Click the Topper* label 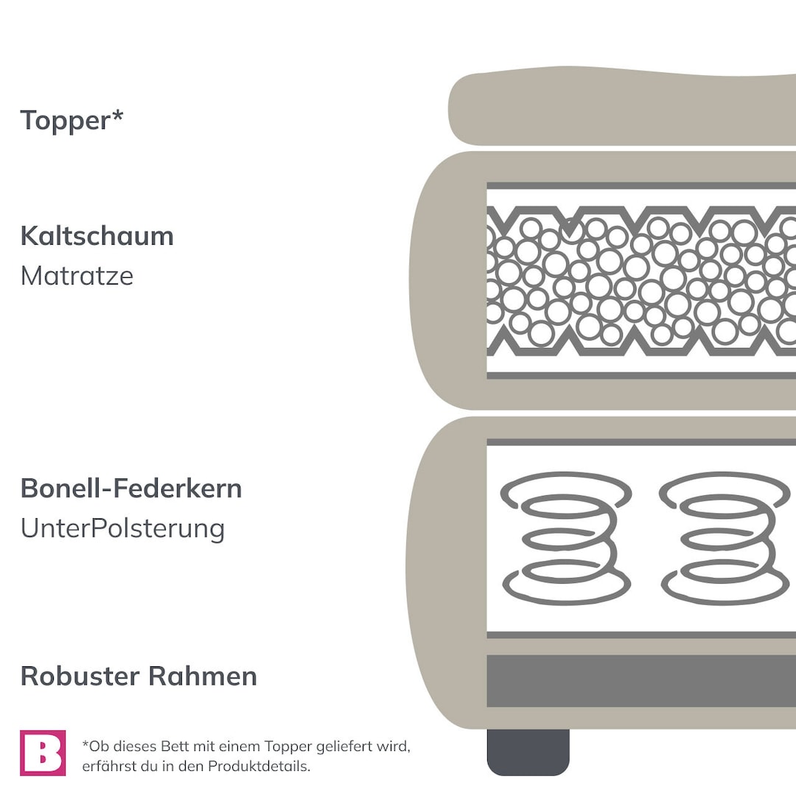click(x=71, y=120)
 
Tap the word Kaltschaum click(x=97, y=236)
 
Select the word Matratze click(x=77, y=276)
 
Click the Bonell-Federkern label click(x=131, y=489)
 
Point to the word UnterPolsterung click(x=122, y=528)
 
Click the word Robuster click(x=81, y=676)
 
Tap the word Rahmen click(x=203, y=676)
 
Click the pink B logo click(x=43, y=753)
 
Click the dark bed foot click(x=528, y=753)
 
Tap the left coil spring click(x=566, y=538)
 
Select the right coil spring click(x=725, y=538)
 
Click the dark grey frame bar click(x=641, y=681)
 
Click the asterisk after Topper click(x=117, y=114)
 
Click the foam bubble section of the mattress click(x=641, y=281)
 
